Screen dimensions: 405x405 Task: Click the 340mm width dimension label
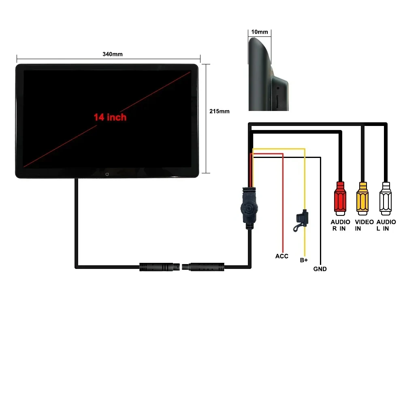[113, 54]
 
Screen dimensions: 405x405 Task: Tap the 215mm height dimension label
[219, 111]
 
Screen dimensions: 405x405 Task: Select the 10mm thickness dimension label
[260, 32]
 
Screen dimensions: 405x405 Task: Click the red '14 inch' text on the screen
[110, 117]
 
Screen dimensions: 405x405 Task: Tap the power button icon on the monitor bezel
[107, 174]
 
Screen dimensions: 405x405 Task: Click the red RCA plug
[340, 198]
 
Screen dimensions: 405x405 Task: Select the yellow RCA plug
[362, 198]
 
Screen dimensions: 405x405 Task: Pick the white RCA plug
[386, 198]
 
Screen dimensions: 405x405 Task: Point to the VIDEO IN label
[364, 225]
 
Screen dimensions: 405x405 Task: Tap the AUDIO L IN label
[386, 225]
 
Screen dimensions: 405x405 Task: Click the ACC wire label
[282, 256]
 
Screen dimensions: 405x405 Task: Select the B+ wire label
[304, 260]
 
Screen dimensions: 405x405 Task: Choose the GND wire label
[320, 269]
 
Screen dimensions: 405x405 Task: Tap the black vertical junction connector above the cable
[249, 208]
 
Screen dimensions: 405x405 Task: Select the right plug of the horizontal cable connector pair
[203, 267]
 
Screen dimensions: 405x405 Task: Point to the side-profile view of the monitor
[268, 74]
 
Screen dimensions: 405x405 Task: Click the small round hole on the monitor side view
[278, 88]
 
